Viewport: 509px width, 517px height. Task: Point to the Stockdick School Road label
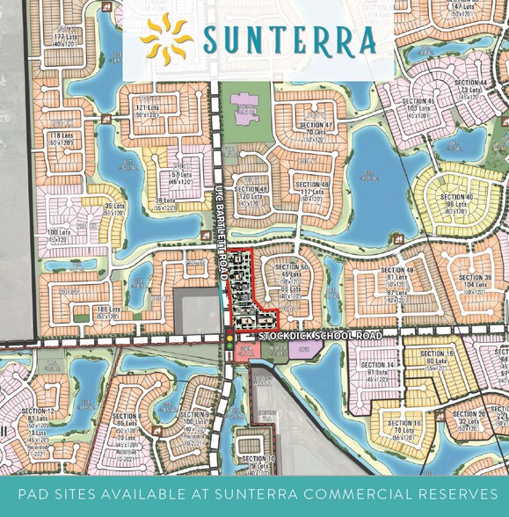pos(320,337)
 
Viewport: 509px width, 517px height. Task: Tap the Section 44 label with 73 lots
pos(471,86)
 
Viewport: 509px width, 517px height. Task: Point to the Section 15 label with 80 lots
pos(437,357)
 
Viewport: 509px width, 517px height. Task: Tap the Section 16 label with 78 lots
pos(405,427)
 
